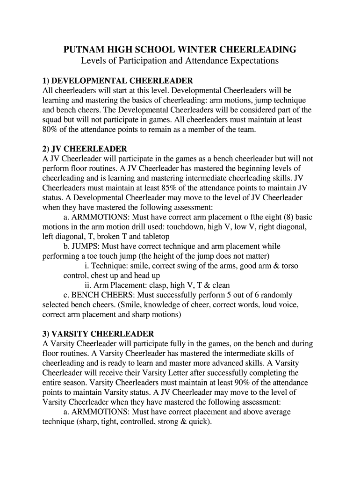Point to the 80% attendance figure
[50, 130]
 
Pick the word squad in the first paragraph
[52, 120]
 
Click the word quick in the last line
[198, 421]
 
